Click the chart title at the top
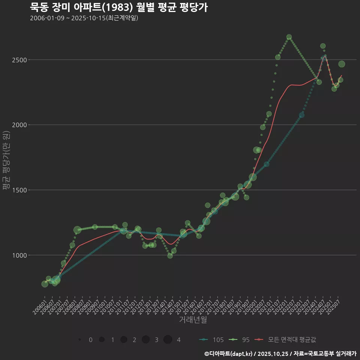click(x=118, y=7)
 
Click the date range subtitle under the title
click(x=84, y=18)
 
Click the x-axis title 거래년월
click(x=193, y=320)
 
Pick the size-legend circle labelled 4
click(x=168, y=340)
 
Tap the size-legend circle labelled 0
click(x=80, y=340)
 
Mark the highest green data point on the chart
click(x=289, y=37)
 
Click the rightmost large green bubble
click(x=342, y=64)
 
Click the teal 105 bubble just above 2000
click(x=301, y=115)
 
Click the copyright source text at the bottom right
click(x=280, y=354)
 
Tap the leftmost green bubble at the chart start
click(x=45, y=284)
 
